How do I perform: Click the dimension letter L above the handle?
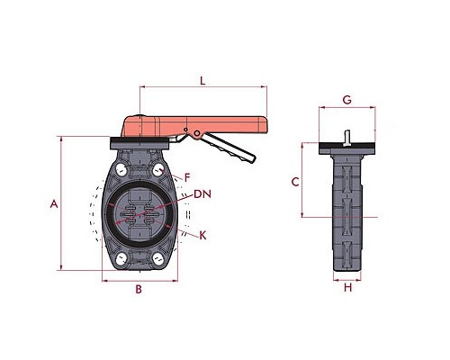(202, 81)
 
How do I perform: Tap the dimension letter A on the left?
(54, 204)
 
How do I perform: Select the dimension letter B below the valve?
(139, 289)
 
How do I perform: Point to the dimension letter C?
(295, 182)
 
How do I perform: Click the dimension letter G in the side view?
(347, 100)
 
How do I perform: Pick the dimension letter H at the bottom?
(347, 288)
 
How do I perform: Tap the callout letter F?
(187, 178)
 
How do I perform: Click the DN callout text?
(202, 194)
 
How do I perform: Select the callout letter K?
(202, 236)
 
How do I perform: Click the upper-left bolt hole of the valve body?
(121, 170)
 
